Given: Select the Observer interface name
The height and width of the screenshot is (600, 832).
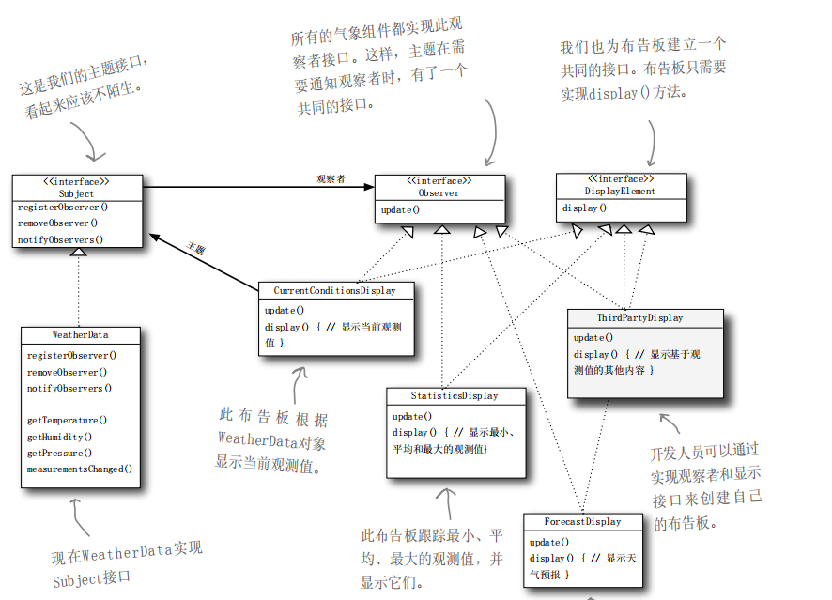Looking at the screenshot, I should pos(439,192).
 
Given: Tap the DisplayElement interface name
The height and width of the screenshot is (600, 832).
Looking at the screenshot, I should pos(621,191).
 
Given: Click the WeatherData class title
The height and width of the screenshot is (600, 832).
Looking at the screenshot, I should pos(81,334).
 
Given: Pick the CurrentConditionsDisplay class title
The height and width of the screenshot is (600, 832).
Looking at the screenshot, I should pos(334,290).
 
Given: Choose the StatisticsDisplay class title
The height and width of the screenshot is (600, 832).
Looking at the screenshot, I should pos(455,395).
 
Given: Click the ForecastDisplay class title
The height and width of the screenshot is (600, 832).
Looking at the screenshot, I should pos(583,522).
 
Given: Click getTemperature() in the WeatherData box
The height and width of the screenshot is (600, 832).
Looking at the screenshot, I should pos(67,420).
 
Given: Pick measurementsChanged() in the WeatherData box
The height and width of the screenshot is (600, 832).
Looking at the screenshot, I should pos(80,469).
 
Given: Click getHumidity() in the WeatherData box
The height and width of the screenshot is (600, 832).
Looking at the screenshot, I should pos(60,437).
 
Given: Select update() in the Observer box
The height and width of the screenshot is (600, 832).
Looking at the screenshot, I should pos(400,209).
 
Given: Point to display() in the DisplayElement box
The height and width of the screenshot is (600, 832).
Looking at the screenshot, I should pos(584,208).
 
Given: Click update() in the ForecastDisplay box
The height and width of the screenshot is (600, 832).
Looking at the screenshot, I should pos(549,542).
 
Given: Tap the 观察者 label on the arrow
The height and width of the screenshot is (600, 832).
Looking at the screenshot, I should pos(331,178).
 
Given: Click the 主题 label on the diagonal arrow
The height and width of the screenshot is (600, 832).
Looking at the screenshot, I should pos(196,249).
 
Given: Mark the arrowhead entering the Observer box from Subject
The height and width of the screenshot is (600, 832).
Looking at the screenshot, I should pos(369,186).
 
